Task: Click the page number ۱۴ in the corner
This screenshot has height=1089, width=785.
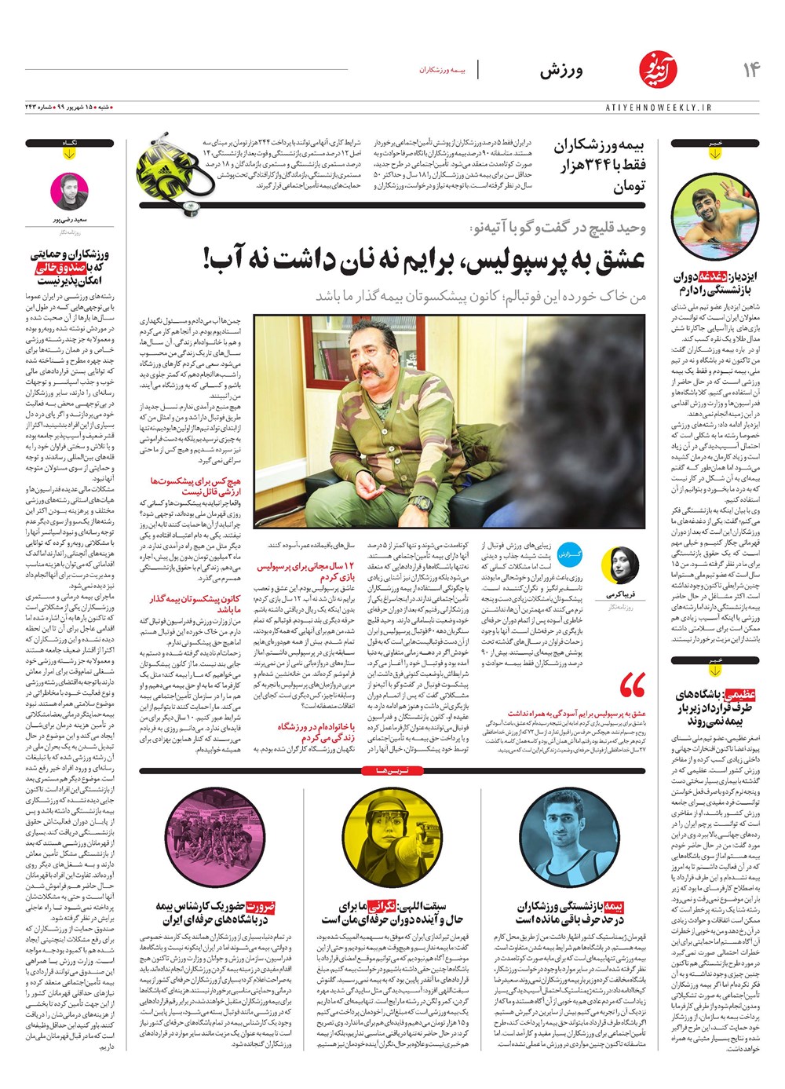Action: pos(750,70)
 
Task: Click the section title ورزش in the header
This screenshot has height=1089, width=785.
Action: pos(560,71)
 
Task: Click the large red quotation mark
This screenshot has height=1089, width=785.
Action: pos(631,685)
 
